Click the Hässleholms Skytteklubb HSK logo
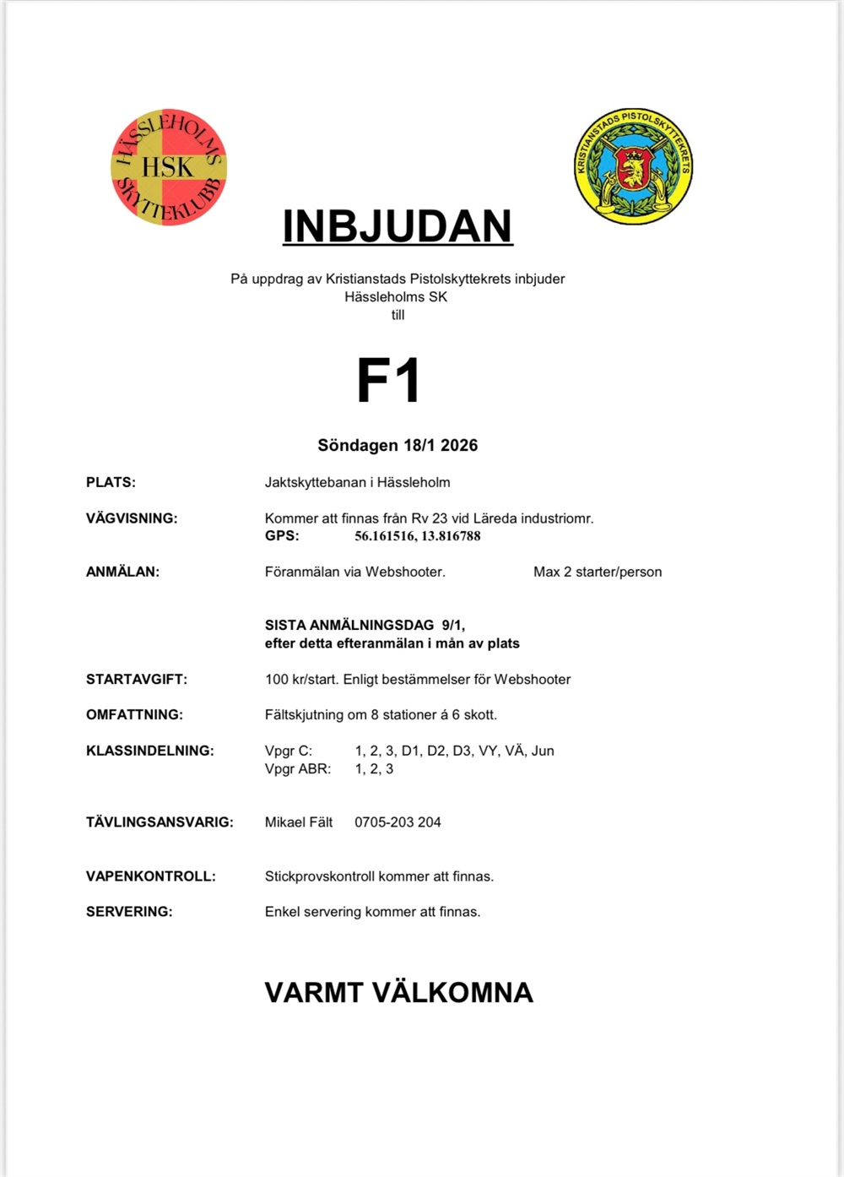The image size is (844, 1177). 169,167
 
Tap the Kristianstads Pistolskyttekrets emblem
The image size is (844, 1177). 633,166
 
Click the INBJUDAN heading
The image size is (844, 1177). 398,226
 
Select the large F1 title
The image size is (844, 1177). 388,381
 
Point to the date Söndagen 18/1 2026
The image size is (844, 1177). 398,445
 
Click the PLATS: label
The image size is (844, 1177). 111,482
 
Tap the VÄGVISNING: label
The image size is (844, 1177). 132,518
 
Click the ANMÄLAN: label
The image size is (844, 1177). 122,572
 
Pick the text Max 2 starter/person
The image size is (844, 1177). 598,572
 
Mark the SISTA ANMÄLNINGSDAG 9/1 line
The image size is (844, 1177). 365,625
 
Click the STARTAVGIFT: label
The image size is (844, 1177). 137,679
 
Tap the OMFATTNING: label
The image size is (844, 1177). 134,714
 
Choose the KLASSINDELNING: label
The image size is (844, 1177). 150,751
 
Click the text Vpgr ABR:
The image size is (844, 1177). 298,768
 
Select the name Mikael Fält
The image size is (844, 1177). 299,822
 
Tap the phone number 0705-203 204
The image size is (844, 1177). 398,822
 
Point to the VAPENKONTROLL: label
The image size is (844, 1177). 151,876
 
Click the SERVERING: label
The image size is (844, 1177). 129,911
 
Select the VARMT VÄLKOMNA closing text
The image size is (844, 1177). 398,992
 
